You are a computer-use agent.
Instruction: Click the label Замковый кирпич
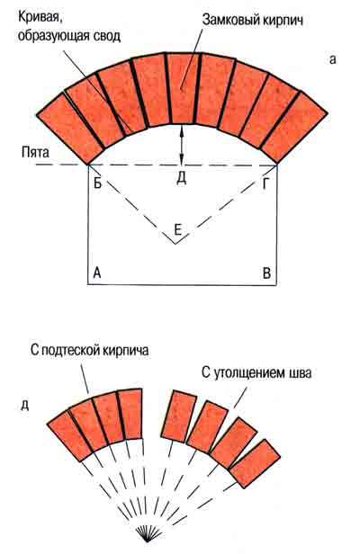point(253,20)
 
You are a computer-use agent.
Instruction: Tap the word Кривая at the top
point(40,16)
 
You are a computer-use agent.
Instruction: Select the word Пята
point(35,152)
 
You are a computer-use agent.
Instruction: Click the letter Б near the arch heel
point(97,183)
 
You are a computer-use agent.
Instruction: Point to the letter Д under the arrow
point(181,179)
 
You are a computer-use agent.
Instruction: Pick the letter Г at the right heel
point(265,184)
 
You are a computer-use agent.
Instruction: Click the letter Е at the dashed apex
point(178,230)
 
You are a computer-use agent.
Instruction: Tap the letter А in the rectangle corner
point(97,273)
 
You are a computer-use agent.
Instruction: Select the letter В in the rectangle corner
point(266,273)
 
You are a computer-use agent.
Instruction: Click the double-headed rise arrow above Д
point(182,145)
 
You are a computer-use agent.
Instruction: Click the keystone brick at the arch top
point(182,88)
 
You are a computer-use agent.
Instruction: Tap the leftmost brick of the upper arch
point(69,129)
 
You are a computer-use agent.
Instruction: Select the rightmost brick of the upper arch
point(294,128)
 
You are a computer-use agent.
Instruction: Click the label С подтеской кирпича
point(89,350)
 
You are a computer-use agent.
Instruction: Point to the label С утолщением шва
point(256,372)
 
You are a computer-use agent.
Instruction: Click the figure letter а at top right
point(332,59)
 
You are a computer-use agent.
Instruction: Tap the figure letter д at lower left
point(25,405)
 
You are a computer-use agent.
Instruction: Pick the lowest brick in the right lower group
point(255,464)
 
